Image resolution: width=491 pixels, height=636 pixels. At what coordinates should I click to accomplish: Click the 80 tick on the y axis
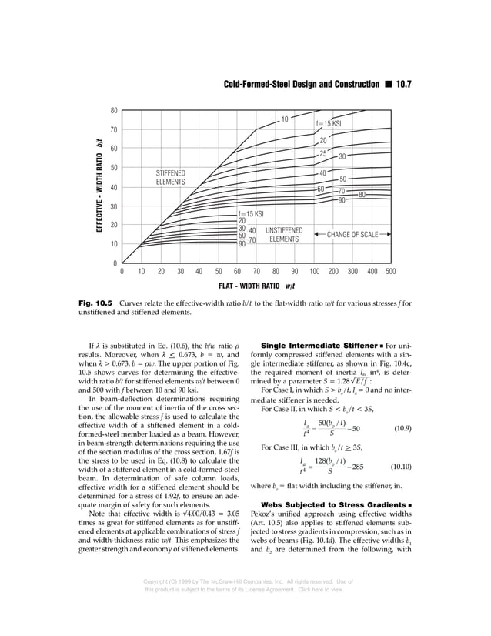114,111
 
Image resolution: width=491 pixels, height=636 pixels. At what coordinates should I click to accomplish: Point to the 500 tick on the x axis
390,272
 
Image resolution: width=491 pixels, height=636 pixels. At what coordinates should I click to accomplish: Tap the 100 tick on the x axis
315,272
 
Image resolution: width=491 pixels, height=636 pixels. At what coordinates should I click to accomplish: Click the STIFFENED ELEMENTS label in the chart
171,178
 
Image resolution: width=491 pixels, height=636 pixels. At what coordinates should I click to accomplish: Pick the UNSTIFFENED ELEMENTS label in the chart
284,235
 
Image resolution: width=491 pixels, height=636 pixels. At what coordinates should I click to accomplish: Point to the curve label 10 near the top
284,119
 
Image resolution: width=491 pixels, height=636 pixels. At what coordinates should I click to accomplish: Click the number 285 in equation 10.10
358,467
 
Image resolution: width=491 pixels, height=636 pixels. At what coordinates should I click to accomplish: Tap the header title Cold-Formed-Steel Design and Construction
301,83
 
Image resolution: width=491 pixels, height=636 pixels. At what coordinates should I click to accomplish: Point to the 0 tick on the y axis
115,263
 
